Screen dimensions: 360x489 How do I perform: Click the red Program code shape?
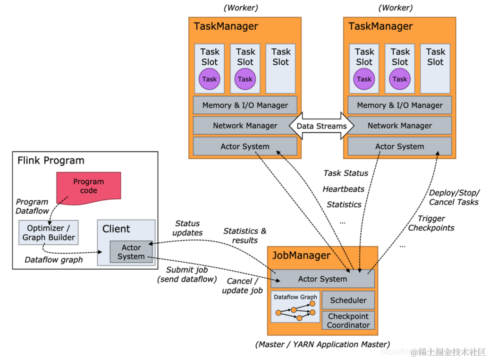click(89, 185)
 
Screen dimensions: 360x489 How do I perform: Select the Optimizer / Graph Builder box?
click(49, 231)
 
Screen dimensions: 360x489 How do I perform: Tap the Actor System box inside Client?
click(131, 252)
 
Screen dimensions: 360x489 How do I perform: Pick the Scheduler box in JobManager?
click(348, 300)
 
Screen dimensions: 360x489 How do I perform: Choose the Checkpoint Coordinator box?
click(348, 320)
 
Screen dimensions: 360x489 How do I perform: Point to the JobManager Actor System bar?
click(322, 279)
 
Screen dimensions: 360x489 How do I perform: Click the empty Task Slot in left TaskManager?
click(281, 69)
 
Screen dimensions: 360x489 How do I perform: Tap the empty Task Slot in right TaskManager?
click(435, 69)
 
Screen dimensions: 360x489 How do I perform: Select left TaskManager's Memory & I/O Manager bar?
click(245, 105)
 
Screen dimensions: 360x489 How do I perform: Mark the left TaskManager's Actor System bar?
click(245, 146)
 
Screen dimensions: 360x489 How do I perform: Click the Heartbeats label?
click(344, 189)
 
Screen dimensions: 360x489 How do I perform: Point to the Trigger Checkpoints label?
click(431, 223)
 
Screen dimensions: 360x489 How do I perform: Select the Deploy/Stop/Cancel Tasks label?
click(454, 197)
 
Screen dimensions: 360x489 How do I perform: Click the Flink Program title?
click(51, 160)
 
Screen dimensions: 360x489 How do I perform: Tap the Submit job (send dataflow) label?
click(186, 274)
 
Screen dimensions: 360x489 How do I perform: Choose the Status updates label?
click(187, 228)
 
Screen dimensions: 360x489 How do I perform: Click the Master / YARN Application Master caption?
click(322, 344)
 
